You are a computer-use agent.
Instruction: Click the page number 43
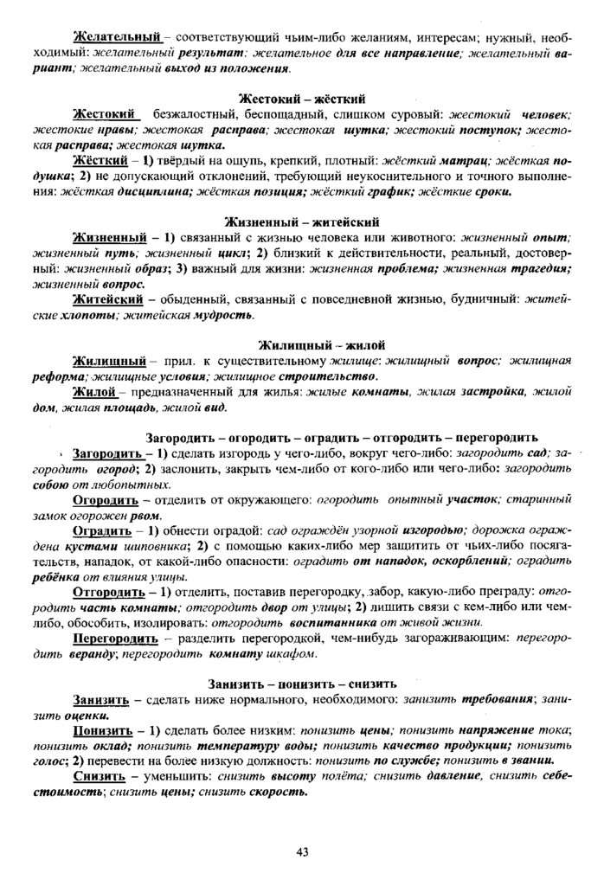[x=302, y=851]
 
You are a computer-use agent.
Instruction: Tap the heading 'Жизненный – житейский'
[x=301, y=220]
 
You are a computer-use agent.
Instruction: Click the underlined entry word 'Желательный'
[x=117, y=37]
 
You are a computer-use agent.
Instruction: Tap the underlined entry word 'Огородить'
[x=106, y=499]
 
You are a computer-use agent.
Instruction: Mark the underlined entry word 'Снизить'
[x=101, y=776]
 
